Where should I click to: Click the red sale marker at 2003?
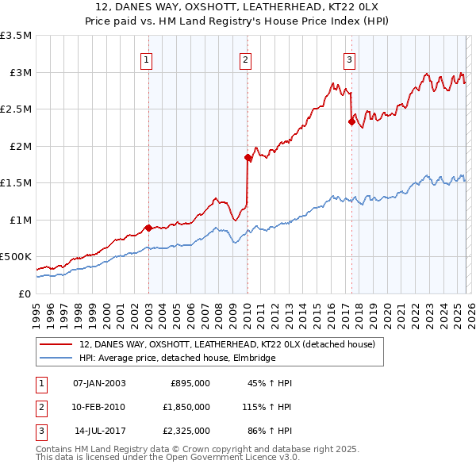click(148, 228)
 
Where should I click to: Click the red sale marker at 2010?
click(248, 158)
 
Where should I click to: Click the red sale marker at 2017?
click(351, 122)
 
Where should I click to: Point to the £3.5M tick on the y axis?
click(16, 36)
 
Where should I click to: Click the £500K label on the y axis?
click(16, 257)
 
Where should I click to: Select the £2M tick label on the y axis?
click(19, 146)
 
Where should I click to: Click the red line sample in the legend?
click(57, 344)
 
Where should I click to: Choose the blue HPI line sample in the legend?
click(57, 358)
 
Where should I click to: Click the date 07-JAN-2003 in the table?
click(99, 383)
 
